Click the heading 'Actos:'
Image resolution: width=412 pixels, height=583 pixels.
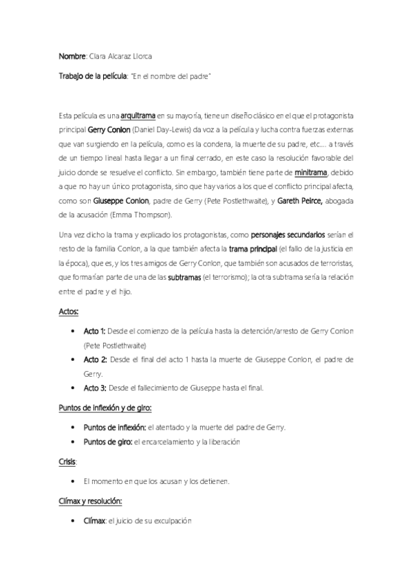pos(69,311)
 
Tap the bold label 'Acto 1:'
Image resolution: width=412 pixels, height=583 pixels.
pos(94,331)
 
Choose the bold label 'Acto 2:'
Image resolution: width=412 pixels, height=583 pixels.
pos(95,359)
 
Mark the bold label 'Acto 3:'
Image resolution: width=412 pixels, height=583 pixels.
pos(94,387)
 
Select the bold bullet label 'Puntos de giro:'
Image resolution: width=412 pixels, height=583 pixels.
pos(107,441)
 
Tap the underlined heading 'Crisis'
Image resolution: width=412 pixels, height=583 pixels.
pos(67,462)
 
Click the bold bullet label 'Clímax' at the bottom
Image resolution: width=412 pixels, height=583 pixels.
pos(94,521)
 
